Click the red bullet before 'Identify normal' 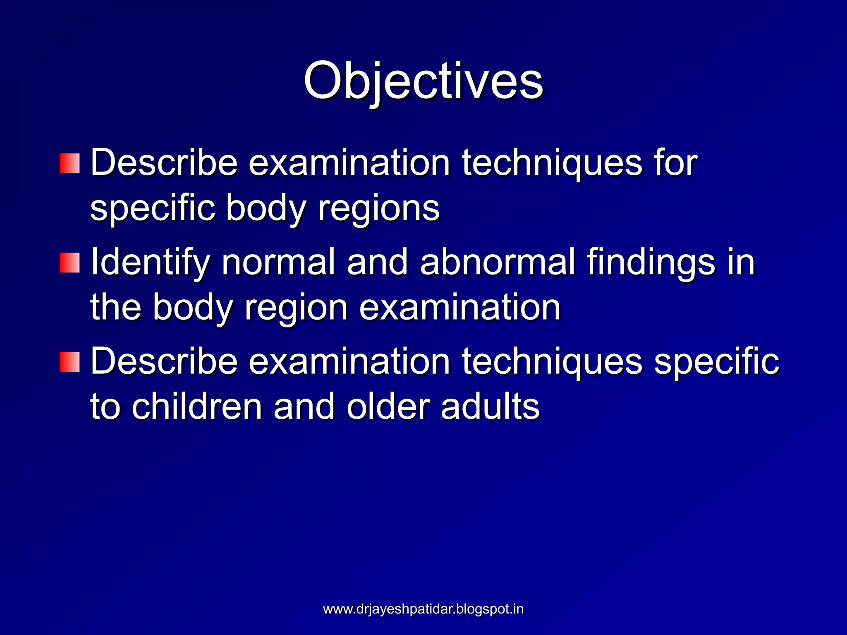[x=69, y=263]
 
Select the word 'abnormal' [x=498, y=262]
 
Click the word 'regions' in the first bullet [x=378, y=209]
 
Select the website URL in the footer [x=423, y=609]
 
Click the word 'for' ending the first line [x=675, y=162]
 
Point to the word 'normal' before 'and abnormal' [x=278, y=262]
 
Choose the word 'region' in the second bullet [x=296, y=308]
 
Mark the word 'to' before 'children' [x=105, y=407]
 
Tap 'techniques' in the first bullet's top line [x=552, y=163]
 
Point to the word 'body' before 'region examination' [x=192, y=308]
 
